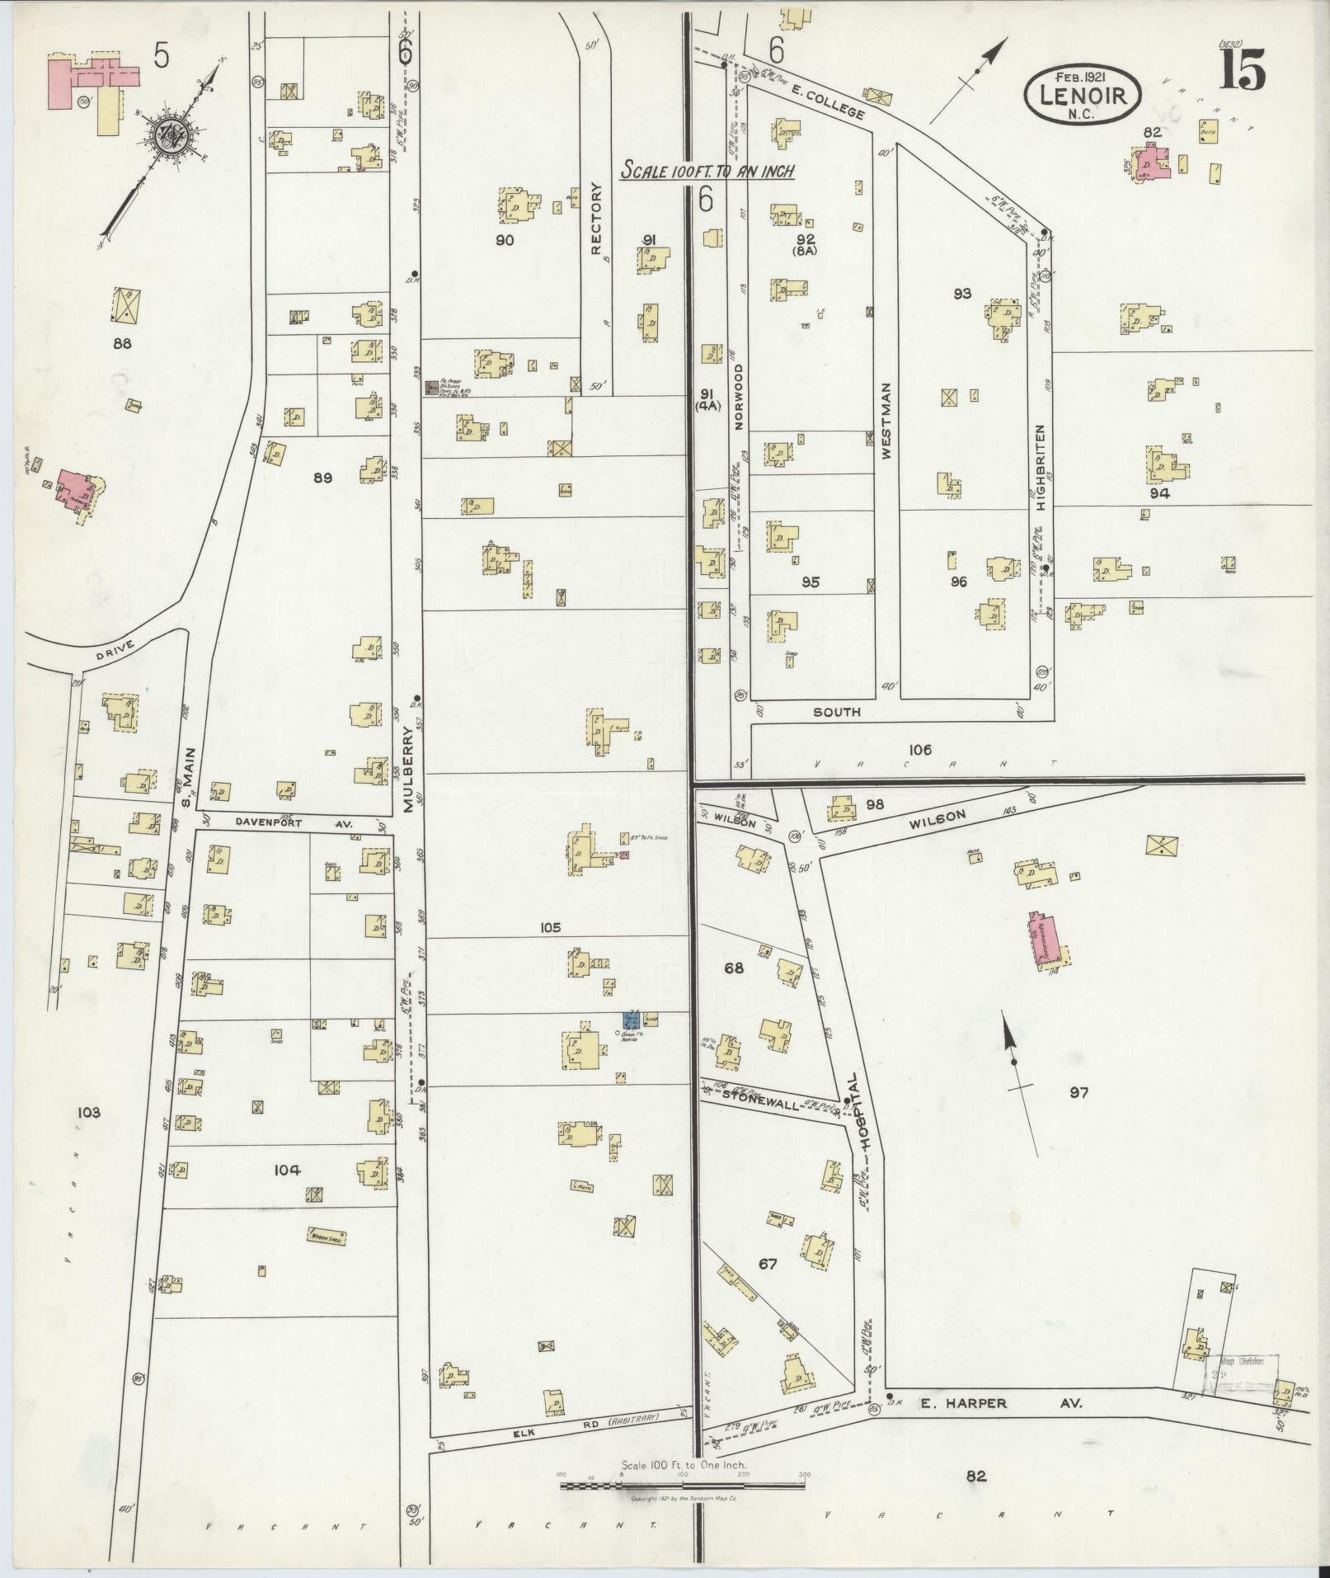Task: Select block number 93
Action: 961,293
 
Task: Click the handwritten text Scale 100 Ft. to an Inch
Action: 707,171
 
